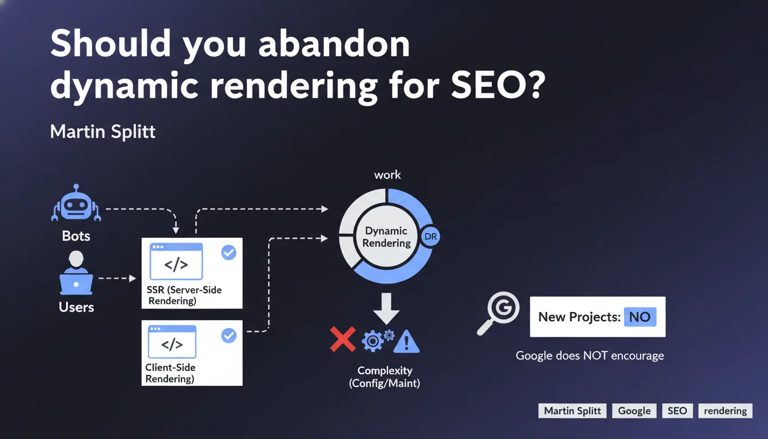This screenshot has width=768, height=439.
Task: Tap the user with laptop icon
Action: click(x=76, y=273)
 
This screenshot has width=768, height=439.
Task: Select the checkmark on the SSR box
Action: click(x=229, y=252)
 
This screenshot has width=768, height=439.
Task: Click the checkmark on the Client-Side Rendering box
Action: click(x=229, y=336)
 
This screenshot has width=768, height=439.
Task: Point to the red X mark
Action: click(x=343, y=339)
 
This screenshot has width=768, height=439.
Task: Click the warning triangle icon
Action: click(x=406, y=341)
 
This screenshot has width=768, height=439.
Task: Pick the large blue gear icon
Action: click(x=373, y=341)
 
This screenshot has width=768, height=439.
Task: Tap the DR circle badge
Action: click(x=430, y=236)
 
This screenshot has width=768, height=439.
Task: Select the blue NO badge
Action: click(x=640, y=317)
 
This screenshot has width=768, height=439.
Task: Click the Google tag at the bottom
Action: click(x=634, y=410)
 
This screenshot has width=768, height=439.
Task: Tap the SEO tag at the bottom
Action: click(x=677, y=410)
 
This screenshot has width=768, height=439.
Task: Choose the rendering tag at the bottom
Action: click(x=725, y=410)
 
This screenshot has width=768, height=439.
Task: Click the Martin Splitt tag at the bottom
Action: click(x=572, y=410)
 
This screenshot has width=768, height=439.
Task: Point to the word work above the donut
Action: click(x=387, y=175)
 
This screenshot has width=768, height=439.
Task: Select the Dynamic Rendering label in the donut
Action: click(x=387, y=237)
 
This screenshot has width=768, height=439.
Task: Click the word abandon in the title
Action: click(x=334, y=43)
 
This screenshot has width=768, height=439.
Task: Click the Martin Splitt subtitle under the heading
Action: click(x=103, y=131)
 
